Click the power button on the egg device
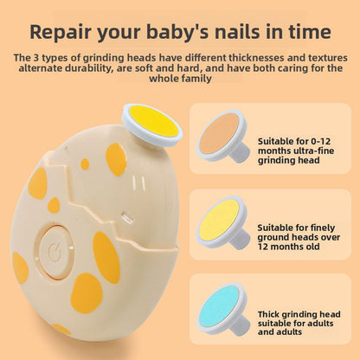pos(55,252)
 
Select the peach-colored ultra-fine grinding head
pos(222,135)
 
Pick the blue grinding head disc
pos(222,308)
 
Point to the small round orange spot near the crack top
pos(85,164)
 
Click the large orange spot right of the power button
pos(106,258)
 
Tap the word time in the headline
pos(313,32)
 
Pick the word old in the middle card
pos(312,247)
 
